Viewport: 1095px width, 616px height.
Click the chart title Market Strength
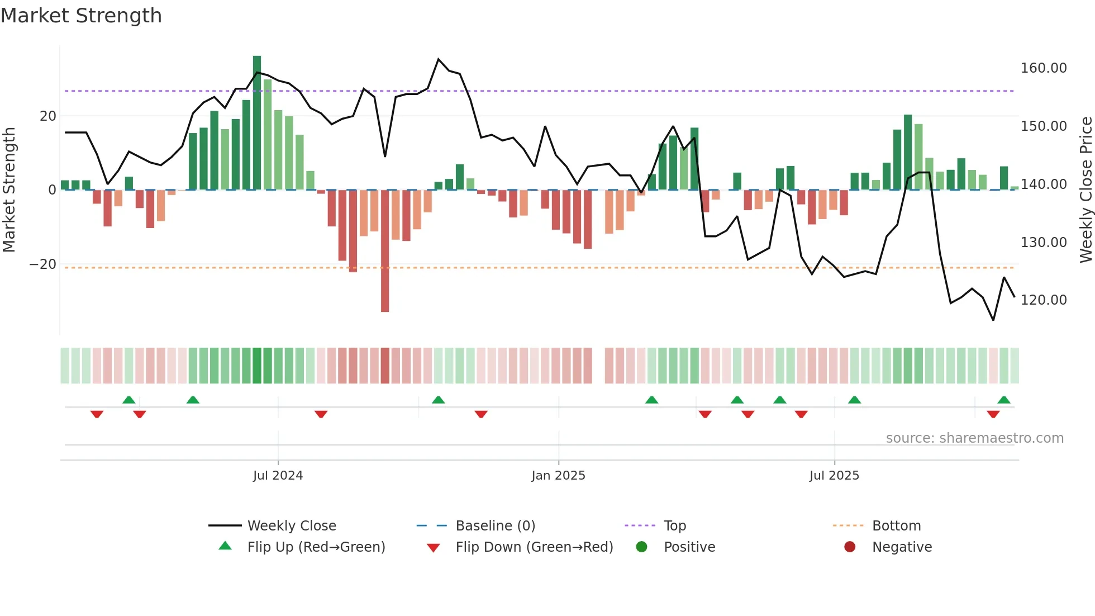pyautogui.click(x=81, y=16)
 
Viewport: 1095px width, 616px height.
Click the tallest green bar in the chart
pyautogui.click(x=257, y=123)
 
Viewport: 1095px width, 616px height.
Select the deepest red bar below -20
pyautogui.click(x=385, y=252)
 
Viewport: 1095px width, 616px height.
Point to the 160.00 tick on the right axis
pyautogui.click(x=1043, y=68)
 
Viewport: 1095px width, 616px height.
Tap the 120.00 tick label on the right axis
pyautogui.click(x=1043, y=300)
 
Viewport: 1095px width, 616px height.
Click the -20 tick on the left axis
pyautogui.click(x=43, y=264)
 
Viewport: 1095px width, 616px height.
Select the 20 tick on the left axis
pyautogui.click(x=48, y=116)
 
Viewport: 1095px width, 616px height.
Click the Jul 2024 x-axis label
pyautogui.click(x=278, y=476)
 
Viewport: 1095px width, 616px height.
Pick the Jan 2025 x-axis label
pyautogui.click(x=558, y=476)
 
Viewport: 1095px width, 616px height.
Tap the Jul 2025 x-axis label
pyautogui.click(x=834, y=476)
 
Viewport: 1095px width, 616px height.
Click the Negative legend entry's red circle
pyautogui.click(x=850, y=547)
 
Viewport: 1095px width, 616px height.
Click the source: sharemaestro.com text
pyautogui.click(x=974, y=438)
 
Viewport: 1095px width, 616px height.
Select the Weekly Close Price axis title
pyautogui.click(x=1086, y=190)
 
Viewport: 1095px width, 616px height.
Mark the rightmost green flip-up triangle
pyautogui.click(x=1004, y=400)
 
